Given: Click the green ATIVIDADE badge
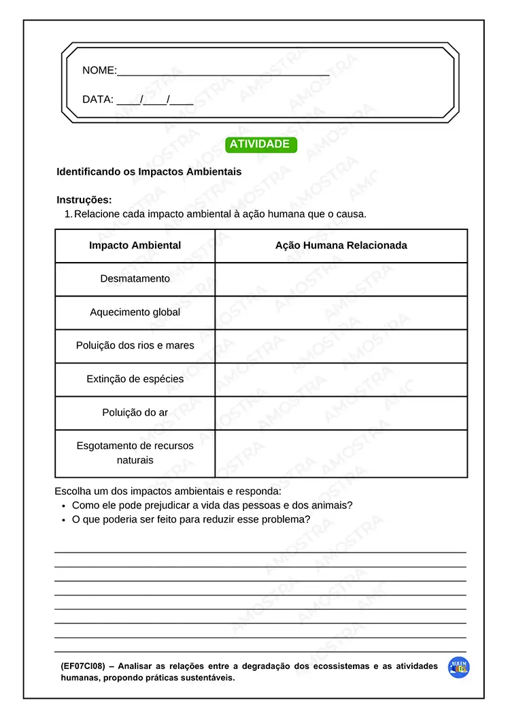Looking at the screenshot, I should pos(261,144).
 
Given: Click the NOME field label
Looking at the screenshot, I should pos(99,70).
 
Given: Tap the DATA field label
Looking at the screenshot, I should pos(97,99).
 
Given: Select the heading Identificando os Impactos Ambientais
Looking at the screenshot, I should pos(149,172).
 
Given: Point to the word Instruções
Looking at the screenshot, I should pos(84,200).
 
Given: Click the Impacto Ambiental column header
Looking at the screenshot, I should pos(135,246).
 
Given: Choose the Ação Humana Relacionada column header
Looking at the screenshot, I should pos(341,246).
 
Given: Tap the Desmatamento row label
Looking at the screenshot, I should pos(135,279).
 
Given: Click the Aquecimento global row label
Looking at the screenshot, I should pos(135,312).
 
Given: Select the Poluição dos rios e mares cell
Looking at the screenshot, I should pos(135,346).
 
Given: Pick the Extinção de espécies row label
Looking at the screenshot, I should pos(135,379).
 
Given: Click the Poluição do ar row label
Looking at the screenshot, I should pos(135,412).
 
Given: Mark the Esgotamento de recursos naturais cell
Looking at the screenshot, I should pos(135,453).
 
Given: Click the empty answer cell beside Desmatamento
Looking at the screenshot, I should pos(341,279).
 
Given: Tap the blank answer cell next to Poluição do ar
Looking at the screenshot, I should pos(341,412).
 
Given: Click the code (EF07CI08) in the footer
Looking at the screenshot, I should pos(82,667).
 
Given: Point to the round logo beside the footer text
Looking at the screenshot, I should pos(459,668).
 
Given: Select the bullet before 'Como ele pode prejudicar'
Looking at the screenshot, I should pos(63,506).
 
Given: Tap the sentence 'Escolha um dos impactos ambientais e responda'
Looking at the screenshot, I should pos(167,491).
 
